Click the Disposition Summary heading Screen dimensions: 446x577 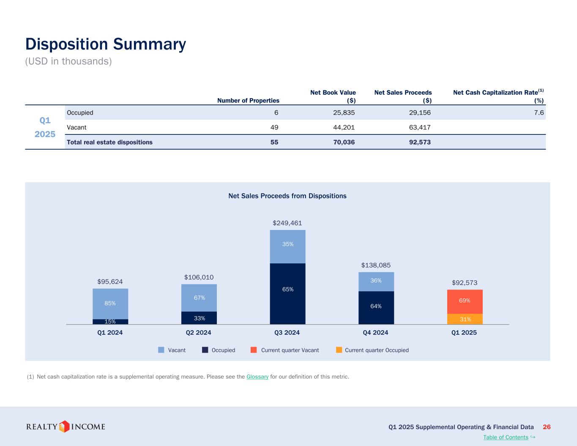106,44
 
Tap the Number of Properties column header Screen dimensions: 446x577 248,101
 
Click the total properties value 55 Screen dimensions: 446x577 274,142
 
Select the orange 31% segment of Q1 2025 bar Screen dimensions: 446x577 465,319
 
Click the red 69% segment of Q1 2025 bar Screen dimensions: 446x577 465,301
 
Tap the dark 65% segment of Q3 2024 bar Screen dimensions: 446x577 288,290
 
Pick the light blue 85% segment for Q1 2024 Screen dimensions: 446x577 110,303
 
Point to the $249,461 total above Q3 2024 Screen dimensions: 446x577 287,223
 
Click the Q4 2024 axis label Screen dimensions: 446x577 375,333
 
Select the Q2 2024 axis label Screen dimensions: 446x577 199,333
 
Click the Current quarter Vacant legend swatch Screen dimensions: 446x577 254,350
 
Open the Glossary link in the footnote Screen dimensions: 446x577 257,377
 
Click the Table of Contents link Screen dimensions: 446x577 506,437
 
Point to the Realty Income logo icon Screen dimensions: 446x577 64,426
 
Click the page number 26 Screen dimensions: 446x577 547,427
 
